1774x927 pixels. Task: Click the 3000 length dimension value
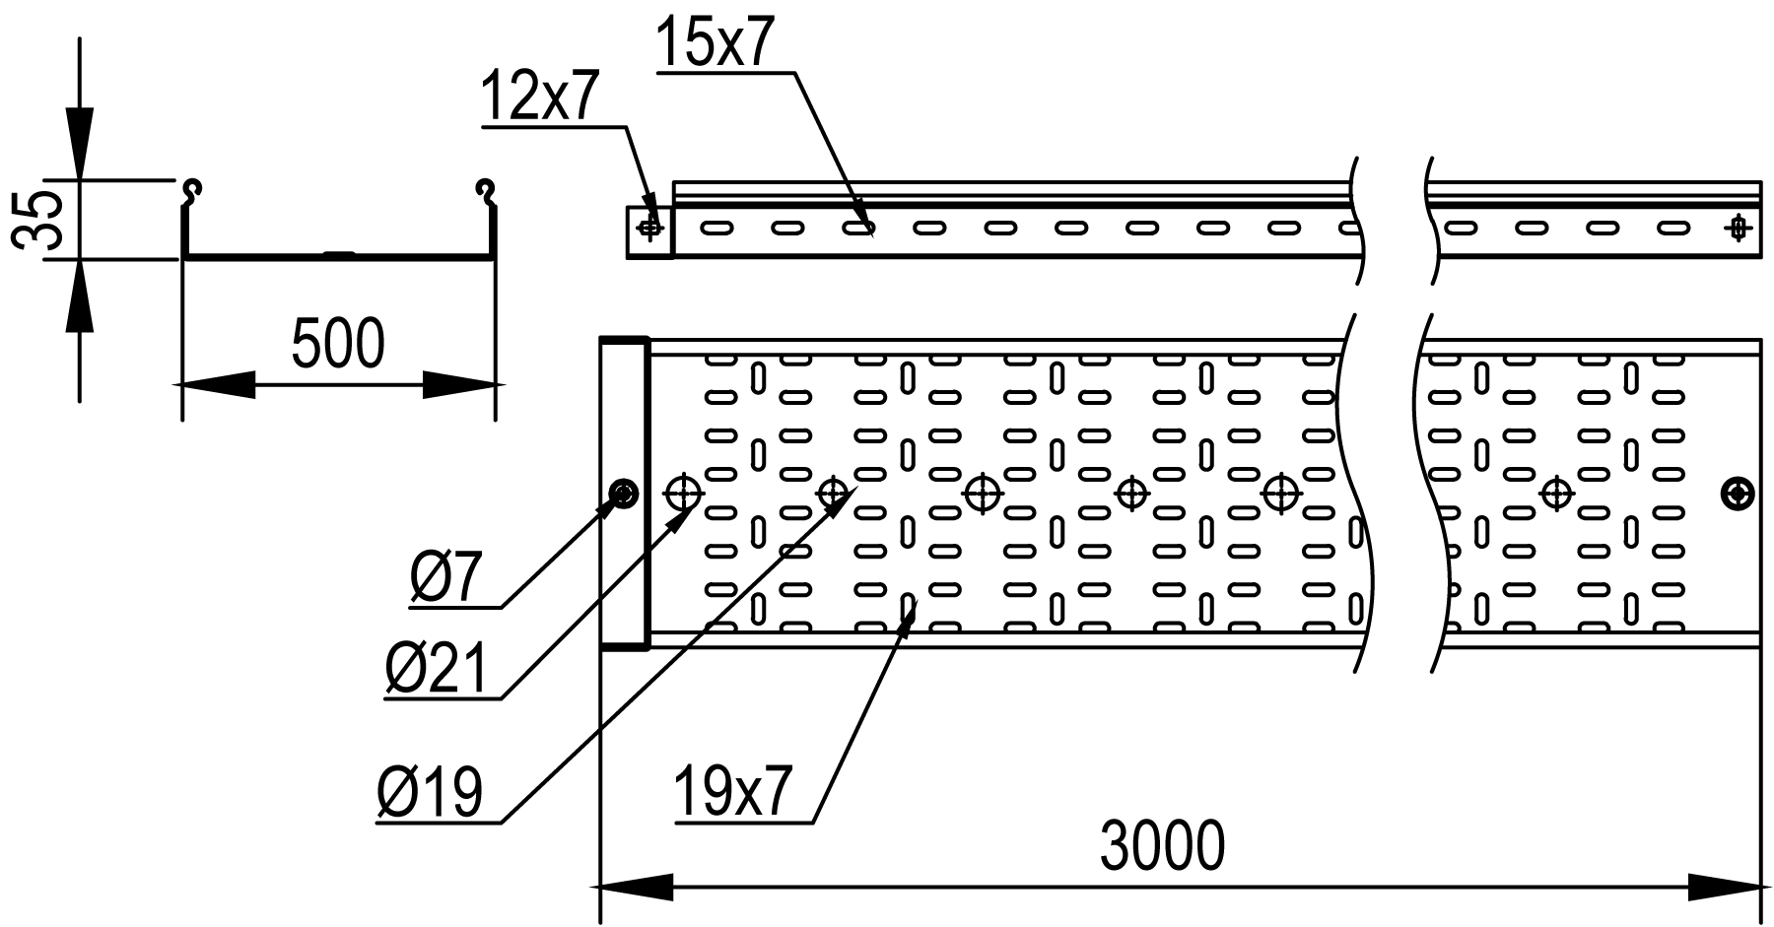coord(1162,845)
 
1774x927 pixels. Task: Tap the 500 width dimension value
coord(338,344)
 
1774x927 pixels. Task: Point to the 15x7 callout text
coord(712,44)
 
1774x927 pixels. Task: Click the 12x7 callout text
coord(540,98)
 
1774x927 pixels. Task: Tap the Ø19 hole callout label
coord(431,793)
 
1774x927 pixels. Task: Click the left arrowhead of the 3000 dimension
coord(636,887)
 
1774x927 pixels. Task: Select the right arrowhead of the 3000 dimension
coord(1725,887)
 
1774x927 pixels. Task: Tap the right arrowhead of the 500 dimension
coord(459,384)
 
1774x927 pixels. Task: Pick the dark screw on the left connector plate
coord(624,493)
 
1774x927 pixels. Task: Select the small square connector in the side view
coord(649,232)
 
